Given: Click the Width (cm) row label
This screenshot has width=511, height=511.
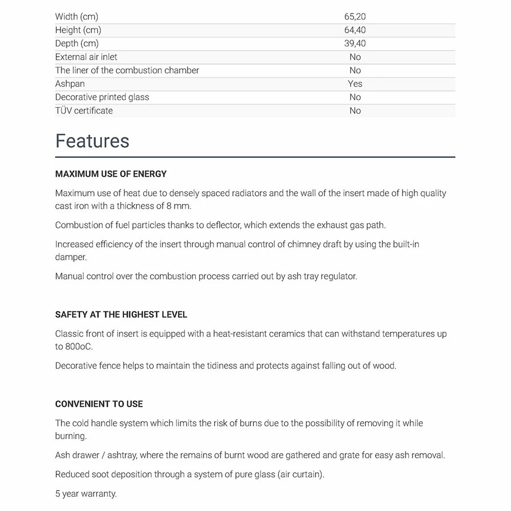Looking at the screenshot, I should click(77, 17).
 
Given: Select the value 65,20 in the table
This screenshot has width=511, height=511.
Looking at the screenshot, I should click(355, 17).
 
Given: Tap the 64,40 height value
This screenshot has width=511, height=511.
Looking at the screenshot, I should click(355, 30).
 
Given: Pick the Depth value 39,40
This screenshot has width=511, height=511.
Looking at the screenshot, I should click(355, 43).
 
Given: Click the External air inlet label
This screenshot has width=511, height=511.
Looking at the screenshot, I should click(86, 57).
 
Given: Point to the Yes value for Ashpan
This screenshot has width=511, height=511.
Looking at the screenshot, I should click(355, 84).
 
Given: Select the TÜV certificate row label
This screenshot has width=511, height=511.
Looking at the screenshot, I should click(84, 110).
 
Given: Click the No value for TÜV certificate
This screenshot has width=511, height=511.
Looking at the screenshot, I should click(355, 110).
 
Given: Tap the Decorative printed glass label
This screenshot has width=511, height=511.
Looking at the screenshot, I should click(102, 97).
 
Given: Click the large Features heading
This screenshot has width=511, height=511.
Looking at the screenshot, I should click(92, 141).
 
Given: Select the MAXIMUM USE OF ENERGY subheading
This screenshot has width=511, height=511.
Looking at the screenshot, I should click(111, 174).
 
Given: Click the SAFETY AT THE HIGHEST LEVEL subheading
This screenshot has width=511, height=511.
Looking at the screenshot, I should click(121, 315).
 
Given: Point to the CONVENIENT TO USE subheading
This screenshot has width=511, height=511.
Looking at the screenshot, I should click(99, 404).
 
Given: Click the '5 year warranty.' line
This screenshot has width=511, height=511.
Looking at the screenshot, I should click(86, 494).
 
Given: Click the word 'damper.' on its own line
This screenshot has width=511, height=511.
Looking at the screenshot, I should click(71, 257).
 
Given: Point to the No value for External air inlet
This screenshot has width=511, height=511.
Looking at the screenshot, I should click(355, 57).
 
